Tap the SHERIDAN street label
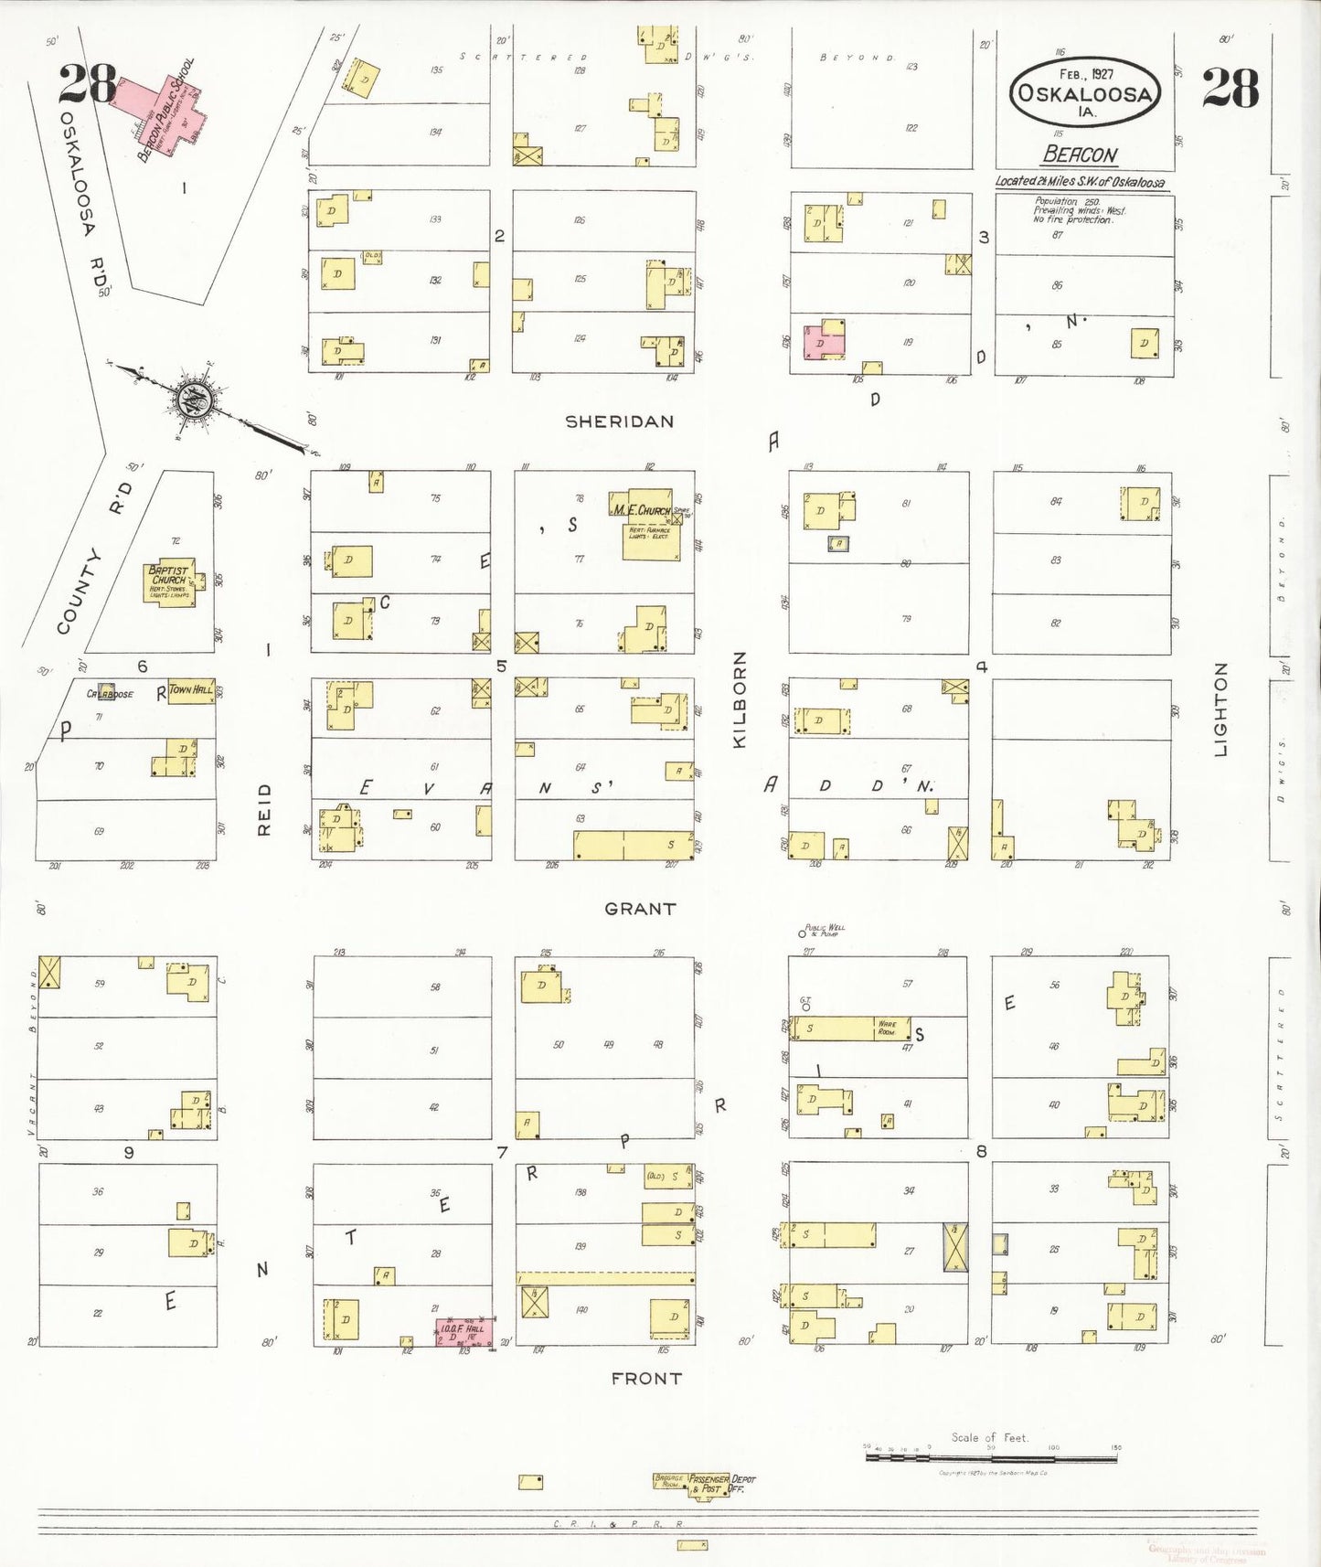(x=619, y=421)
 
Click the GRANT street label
(x=640, y=909)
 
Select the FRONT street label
(x=646, y=1378)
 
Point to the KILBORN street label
(x=740, y=699)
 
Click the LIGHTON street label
(x=1220, y=709)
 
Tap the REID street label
(x=264, y=808)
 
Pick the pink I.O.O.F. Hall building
(x=464, y=1331)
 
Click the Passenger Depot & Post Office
(x=709, y=1483)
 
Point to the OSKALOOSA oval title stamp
(x=1085, y=92)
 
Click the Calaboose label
(x=110, y=694)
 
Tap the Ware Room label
(x=887, y=1028)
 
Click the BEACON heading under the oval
(x=1080, y=155)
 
